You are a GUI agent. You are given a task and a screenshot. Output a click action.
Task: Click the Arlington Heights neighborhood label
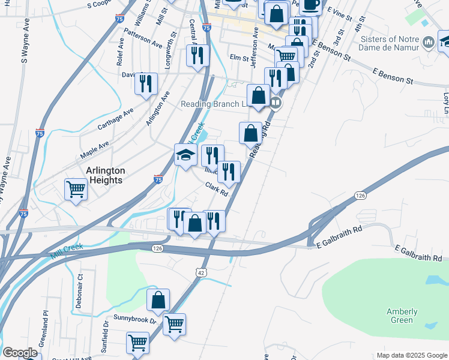[x=105, y=175]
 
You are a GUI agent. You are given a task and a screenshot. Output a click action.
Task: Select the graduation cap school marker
[x=185, y=155]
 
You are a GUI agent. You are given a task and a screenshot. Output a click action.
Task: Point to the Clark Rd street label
[x=217, y=190]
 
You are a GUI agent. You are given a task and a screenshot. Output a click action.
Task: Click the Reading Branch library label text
[x=214, y=104]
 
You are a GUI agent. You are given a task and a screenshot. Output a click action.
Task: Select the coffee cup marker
[x=310, y=5]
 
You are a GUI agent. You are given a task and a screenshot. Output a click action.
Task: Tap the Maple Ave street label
[x=95, y=150]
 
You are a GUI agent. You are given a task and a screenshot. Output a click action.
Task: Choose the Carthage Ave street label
[x=116, y=120]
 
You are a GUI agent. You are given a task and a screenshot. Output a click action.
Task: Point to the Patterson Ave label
[x=143, y=37]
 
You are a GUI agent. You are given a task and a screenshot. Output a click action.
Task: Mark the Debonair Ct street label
[x=79, y=291]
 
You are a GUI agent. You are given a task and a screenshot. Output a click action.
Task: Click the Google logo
[x=20, y=353]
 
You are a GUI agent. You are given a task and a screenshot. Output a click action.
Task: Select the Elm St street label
[x=239, y=58]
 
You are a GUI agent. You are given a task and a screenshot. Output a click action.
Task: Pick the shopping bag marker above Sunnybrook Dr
[x=158, y=300]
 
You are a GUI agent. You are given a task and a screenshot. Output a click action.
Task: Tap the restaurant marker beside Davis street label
[x=145, y=83]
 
